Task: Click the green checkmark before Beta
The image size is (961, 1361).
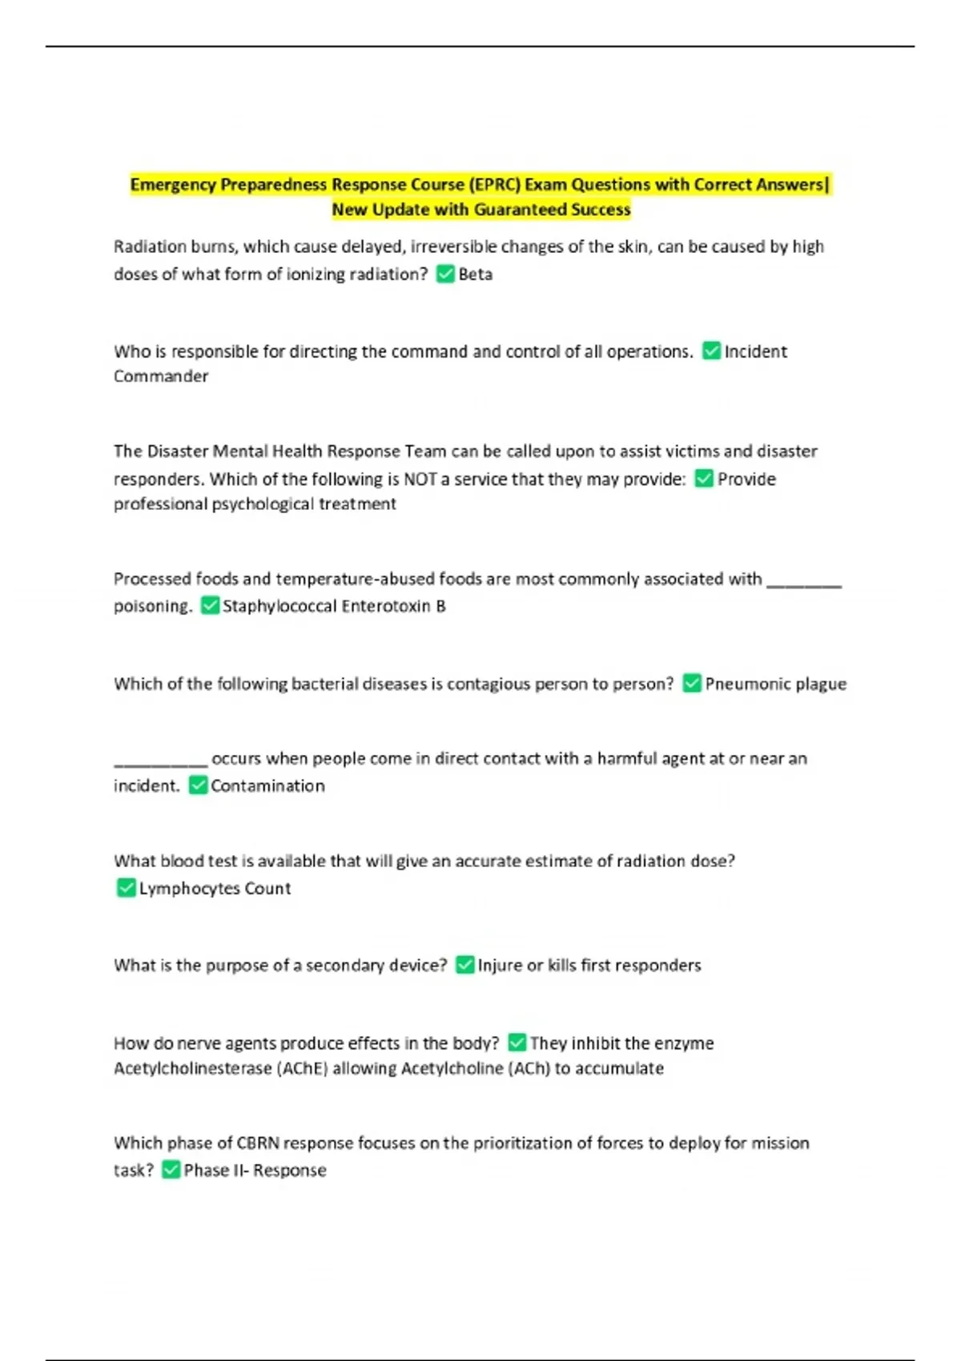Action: tap(445, 275)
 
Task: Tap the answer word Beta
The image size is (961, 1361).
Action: tap(476, 275)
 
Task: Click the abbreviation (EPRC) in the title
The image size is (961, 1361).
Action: tap(495, 185)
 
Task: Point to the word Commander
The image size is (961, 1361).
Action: tap(161, 376)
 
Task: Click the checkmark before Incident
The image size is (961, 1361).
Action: tap(711, 351)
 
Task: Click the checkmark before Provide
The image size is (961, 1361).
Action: tap(704, 479)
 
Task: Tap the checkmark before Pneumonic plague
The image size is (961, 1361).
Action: tap(691, 684)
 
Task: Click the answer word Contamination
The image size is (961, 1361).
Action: tap(267, 786)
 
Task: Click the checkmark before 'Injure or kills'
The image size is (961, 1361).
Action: tap(464, 966)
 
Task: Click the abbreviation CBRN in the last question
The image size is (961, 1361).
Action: tap(257, 1143)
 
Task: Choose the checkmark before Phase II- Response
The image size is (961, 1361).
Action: tap(171, 1170)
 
